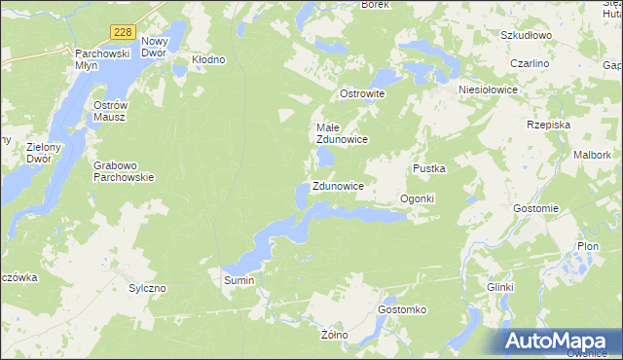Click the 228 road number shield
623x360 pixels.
122,32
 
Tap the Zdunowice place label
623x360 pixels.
338,186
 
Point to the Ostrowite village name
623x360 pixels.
362,93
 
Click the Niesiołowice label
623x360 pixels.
488,88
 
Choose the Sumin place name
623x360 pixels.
238,280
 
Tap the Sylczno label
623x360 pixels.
148,289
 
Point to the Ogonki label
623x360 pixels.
417,198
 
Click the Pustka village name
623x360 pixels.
428,168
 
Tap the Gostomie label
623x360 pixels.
536,208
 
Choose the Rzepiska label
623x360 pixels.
547,125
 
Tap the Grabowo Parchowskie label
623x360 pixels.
124,171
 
